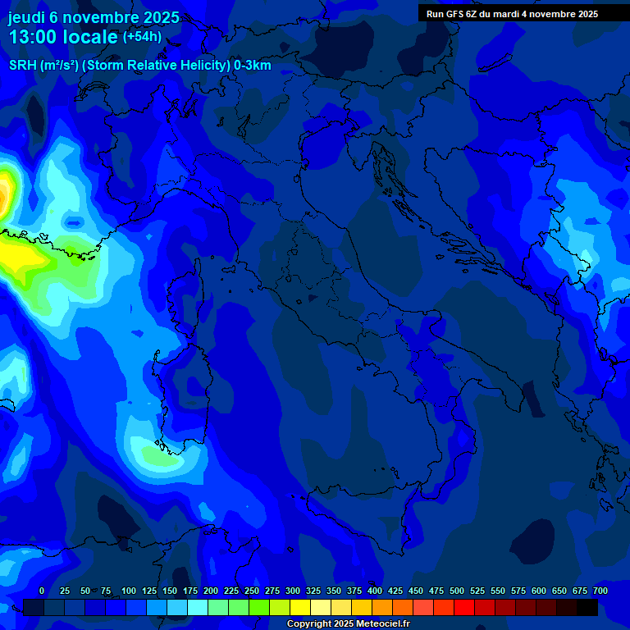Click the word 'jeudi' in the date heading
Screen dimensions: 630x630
tap(26, 17)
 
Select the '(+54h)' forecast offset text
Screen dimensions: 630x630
tap(142, 37)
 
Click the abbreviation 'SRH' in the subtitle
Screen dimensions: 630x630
tap(22, 66)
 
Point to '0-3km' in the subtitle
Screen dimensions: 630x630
tap(253, 66)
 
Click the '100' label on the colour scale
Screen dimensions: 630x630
tap(128, 591)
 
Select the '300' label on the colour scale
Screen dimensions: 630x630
tap(292, 591)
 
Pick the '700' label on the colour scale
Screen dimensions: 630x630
tap(600, 591)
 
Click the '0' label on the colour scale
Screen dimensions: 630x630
tap(42, 591)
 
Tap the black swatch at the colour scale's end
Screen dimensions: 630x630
tap(587, 607)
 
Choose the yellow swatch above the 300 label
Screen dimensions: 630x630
tap(300, 607)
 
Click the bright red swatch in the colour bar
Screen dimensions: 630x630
tap(464, 607)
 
